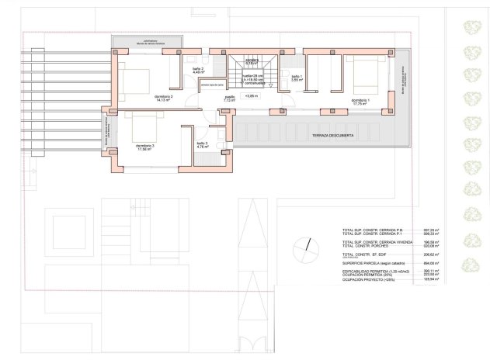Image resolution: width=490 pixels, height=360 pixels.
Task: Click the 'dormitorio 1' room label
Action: (360, 101)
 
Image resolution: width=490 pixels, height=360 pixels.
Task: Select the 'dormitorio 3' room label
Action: (145, 147)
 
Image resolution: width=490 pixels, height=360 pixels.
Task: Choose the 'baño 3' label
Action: (202, 144)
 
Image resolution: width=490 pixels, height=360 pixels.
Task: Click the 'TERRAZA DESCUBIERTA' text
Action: (333, 136)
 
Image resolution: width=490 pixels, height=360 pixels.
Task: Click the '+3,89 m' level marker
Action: (251, 96)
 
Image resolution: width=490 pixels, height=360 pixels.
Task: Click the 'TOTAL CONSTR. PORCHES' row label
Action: (370, 246)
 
